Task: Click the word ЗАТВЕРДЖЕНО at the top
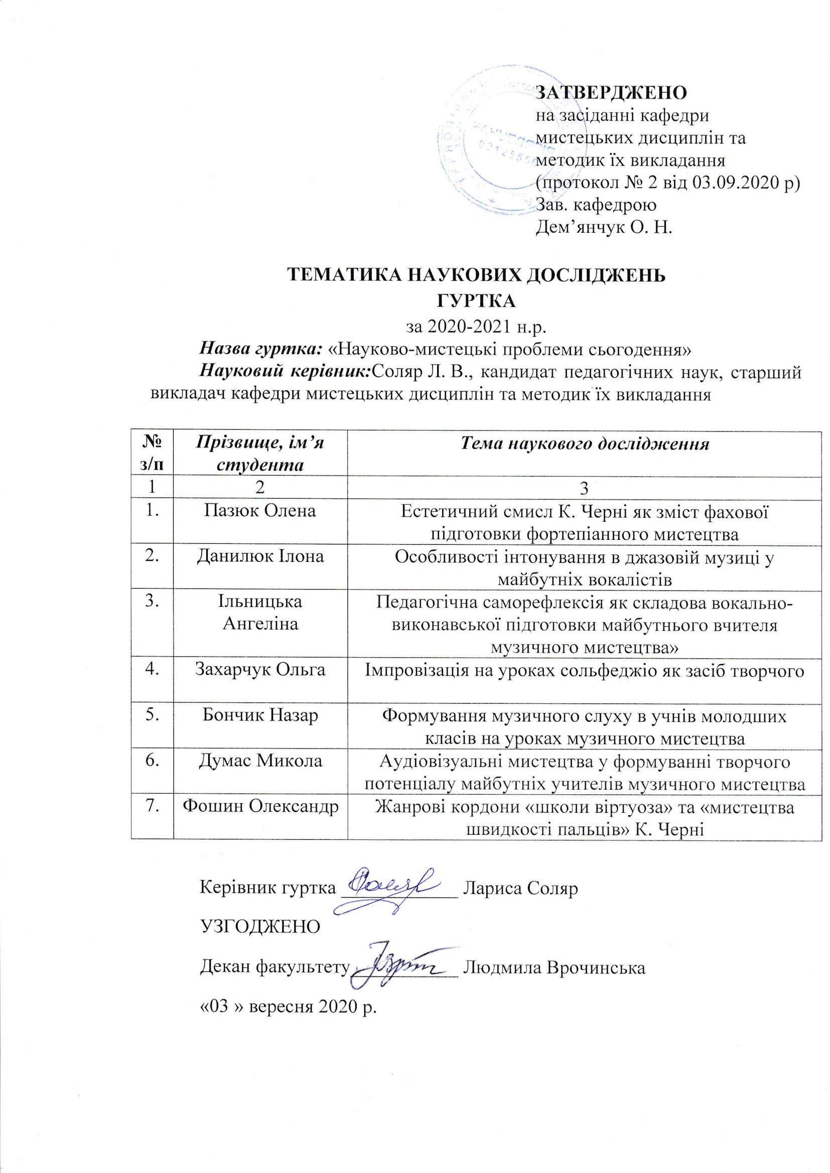click(611, 92)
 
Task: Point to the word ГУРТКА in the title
click(477, 301)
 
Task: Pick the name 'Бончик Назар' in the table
click(260, 715)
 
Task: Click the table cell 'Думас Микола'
click(260, 761)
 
